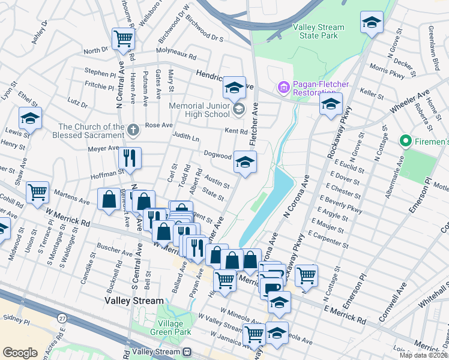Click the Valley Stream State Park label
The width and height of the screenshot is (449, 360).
[318, 31]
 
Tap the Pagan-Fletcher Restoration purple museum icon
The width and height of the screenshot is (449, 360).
[283, 88]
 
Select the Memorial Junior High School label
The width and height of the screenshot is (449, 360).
[199, 110]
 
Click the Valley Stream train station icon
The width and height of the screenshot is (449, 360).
[187, 352]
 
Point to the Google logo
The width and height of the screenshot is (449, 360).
[20, 353]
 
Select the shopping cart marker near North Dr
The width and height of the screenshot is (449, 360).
[123, 39]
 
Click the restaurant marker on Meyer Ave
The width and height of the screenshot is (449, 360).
[130, 158]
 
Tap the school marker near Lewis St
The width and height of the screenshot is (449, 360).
[30, 118]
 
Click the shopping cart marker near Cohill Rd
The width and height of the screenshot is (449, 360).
[37, 193]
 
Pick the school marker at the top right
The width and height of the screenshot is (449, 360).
[372, 23]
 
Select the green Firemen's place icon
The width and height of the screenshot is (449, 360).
[406, 142]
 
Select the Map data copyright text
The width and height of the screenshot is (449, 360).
[424, 355]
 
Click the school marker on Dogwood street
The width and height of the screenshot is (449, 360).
[244, 162]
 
